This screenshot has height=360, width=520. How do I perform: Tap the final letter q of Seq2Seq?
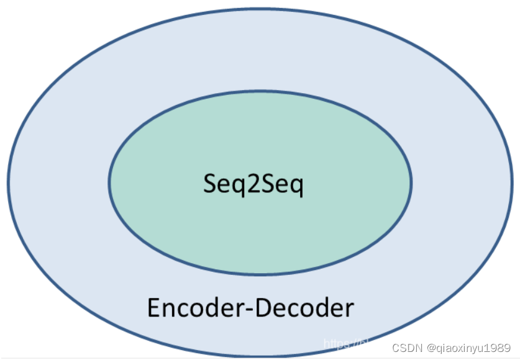click(x=296, y=186)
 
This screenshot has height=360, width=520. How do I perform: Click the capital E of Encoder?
click(x=153, y=308)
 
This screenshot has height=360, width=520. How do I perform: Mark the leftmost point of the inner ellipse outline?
click(x=109, y=182)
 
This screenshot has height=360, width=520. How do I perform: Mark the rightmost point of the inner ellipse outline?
click(x=411, y=182)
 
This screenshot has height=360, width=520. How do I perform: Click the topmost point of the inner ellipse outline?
click(x=260, y=91)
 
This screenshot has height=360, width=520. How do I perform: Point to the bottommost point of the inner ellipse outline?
click(x=260, y=274)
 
